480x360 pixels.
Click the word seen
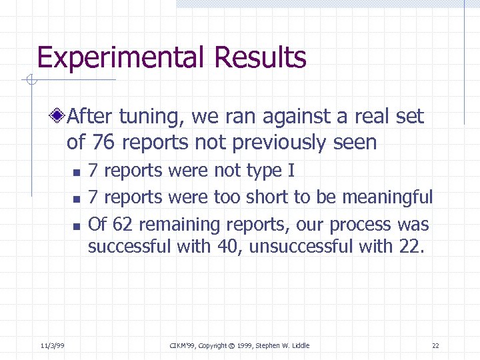tap(357, 143)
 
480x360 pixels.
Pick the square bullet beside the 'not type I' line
tap(76, 173)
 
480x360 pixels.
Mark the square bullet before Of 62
tap(76, 226)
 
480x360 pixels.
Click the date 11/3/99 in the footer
tap(52, 345)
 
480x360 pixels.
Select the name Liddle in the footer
tap(299, 345)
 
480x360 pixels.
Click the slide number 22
tap(435, 345)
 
